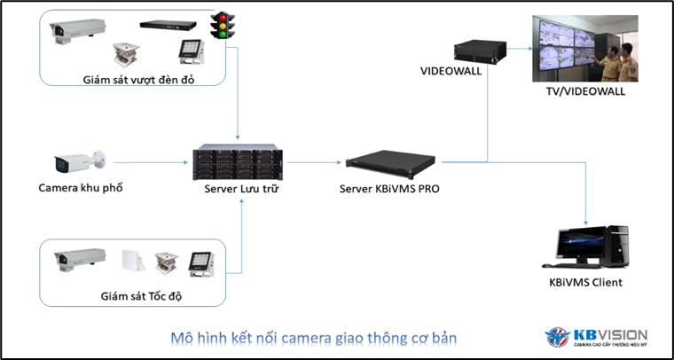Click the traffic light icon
pyautogui.click(x=219, y=26)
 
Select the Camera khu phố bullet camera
pyautogui.click(x=76, y=162)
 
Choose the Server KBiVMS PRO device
pyautogui.click(x=392, y=161)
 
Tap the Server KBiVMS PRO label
pyautogui.click(x=389, y=189)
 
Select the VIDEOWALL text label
pyautogui.click(x=451, y=71)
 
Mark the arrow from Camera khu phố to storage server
pyautogui.click(x=151, y=162)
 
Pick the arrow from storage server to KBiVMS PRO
pyautogui.click(x=315, y=162)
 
